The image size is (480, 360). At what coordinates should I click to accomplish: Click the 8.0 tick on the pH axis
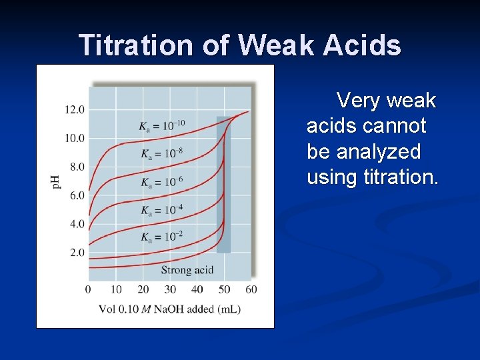pos(75,167)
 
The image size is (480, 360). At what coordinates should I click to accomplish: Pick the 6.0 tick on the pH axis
pos(75,195)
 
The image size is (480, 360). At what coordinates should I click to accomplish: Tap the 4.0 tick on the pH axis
pos(75,224)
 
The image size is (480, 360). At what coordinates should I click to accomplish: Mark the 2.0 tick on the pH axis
pos(75,253)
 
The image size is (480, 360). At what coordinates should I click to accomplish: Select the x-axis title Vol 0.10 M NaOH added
pos(169,309)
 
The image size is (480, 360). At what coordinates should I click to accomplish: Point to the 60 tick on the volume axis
pos(251,289)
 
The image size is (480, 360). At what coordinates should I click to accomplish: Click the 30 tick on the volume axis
pos(170,289)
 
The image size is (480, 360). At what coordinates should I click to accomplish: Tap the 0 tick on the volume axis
pos(88,289)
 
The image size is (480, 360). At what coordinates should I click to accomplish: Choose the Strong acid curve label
pos(187,270)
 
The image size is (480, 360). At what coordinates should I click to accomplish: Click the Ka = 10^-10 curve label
pos(162,125)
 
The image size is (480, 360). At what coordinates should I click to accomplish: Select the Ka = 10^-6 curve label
pos(161,182)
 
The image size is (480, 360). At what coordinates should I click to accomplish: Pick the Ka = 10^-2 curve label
pos(161,237)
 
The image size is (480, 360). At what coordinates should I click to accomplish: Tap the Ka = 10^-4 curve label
pos(161,210)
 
